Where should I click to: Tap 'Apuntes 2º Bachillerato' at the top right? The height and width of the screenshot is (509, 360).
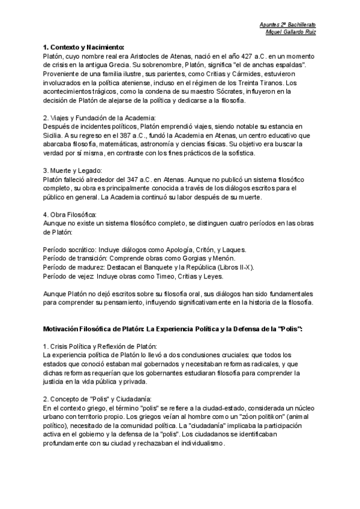[x=287, y=24]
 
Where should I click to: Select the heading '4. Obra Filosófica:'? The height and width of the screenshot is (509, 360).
[x=70, y=214]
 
